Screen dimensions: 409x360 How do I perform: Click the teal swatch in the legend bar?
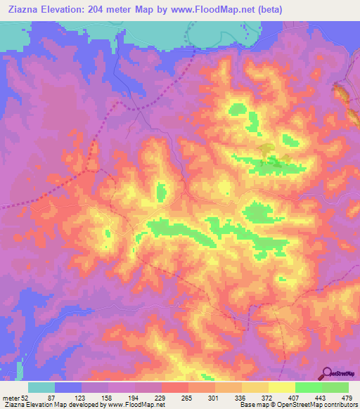41,387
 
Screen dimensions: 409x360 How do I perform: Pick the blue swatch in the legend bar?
68,387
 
